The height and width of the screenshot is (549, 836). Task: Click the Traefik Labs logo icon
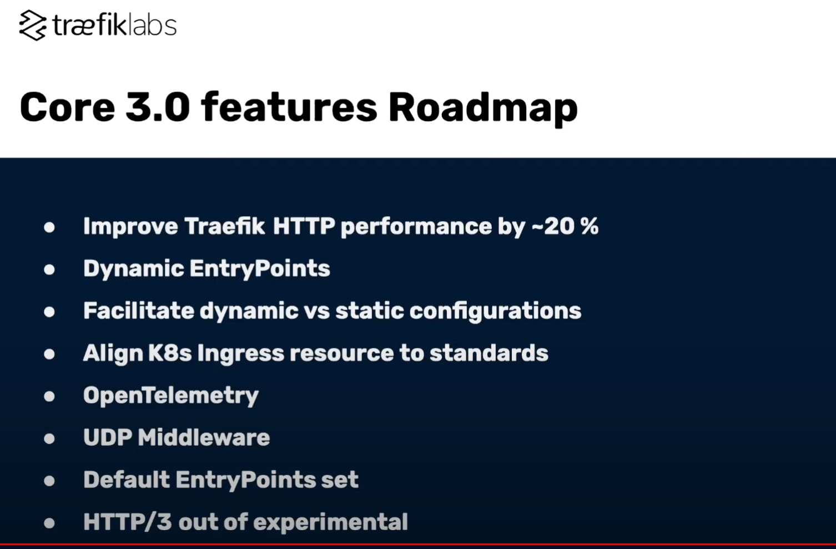(x=33, y=26)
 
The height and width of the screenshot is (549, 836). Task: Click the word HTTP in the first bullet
(x=304, y=226)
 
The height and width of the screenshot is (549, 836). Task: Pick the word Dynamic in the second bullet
(x=133, y=269)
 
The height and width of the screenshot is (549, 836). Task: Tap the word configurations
(x=495, y=311)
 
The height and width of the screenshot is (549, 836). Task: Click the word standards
(x=488, y=353)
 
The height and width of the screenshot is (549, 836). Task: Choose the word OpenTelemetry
(x=171, y=396)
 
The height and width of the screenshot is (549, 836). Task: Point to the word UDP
(x=107, y=438)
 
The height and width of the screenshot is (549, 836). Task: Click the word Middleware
(x=204, y=438)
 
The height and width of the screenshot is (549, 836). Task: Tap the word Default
(x=127, y=480)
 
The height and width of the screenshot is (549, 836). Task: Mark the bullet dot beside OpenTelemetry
(x=49, y=396)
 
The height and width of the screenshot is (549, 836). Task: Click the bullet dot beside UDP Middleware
(x=49, y=438)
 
